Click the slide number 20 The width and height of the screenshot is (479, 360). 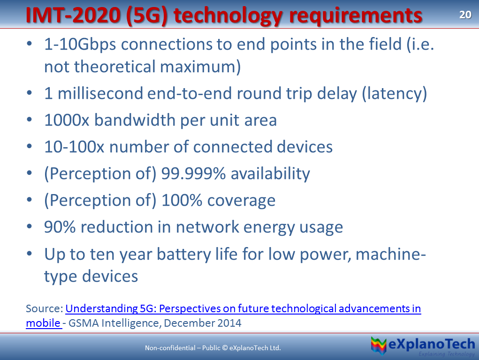(x=465, y=15)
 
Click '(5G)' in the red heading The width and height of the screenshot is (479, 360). (x=147, y=16)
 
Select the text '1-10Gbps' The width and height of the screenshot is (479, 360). (x=80, y=45)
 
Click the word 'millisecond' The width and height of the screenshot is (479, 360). (x=100, y=93)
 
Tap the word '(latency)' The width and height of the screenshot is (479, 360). (x=395, y=94)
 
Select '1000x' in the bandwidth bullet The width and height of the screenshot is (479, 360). (x=67, y=120)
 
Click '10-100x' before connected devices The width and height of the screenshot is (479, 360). (x=74, y=147)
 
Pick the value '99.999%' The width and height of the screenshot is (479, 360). (x=193, y=174)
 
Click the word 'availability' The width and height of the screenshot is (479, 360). (x=270, y=174)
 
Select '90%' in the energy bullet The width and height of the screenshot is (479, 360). (x=60, y=227)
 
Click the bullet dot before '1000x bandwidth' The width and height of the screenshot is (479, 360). (x=30, y=120)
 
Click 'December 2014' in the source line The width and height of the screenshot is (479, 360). (x=203, y=323)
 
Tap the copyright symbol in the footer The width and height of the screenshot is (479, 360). (x=225, y=348)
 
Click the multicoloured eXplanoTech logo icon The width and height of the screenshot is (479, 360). (x=379, y=345)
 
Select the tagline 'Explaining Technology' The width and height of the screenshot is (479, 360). (x=446, y=354)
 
